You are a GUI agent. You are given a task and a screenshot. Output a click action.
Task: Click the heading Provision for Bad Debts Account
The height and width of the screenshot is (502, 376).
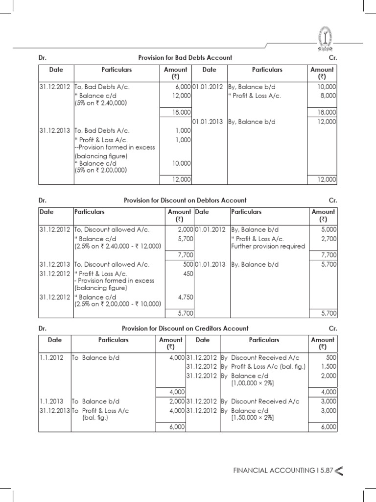pyautogui.click(x=185, y=58)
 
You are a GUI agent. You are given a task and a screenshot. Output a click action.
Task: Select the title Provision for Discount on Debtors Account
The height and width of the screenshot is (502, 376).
pyautogui.click(x=185, y=201)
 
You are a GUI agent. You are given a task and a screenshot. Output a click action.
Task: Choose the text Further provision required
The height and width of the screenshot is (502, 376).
pyautogui.click(x=268, y=246)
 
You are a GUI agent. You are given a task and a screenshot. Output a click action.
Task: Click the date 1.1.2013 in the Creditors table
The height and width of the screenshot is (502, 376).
pyautogui.click(x=51, y=402)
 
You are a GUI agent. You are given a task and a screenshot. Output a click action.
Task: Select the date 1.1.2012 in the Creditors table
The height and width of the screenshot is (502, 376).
pyautogui.click(x=51, y=358)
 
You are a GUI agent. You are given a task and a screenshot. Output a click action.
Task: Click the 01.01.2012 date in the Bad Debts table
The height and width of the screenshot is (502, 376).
pyautogui.click(x=208, y=87)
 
